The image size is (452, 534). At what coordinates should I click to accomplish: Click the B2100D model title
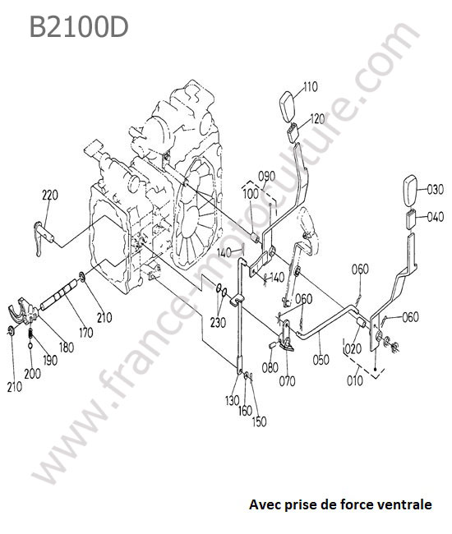point(79,27)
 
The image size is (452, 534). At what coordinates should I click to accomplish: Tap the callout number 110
point(311,87)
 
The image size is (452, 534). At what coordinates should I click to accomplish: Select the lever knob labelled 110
point(288,106)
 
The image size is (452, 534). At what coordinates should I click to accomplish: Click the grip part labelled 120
point(293,132)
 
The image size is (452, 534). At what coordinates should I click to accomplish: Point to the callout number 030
point(435,189)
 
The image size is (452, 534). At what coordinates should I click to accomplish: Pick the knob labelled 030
point(411,191)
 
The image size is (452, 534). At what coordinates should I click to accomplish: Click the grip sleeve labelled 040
point(411,219)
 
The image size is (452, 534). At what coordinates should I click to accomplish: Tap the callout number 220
point(50,196)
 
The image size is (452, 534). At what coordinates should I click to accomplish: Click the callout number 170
point(85,332)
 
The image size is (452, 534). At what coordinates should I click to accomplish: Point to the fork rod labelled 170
point(59,294)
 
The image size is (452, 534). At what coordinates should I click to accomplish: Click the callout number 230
point(218,322)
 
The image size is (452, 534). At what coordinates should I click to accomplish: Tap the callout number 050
point(321,360)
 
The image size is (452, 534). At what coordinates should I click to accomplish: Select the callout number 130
point(233,401)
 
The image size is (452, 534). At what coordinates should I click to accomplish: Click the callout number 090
point(267,177)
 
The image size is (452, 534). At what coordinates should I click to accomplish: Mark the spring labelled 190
point(30,334)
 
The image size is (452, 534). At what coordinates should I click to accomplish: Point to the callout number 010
point(354,380)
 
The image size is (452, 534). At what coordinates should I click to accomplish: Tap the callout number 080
point(270,367)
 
